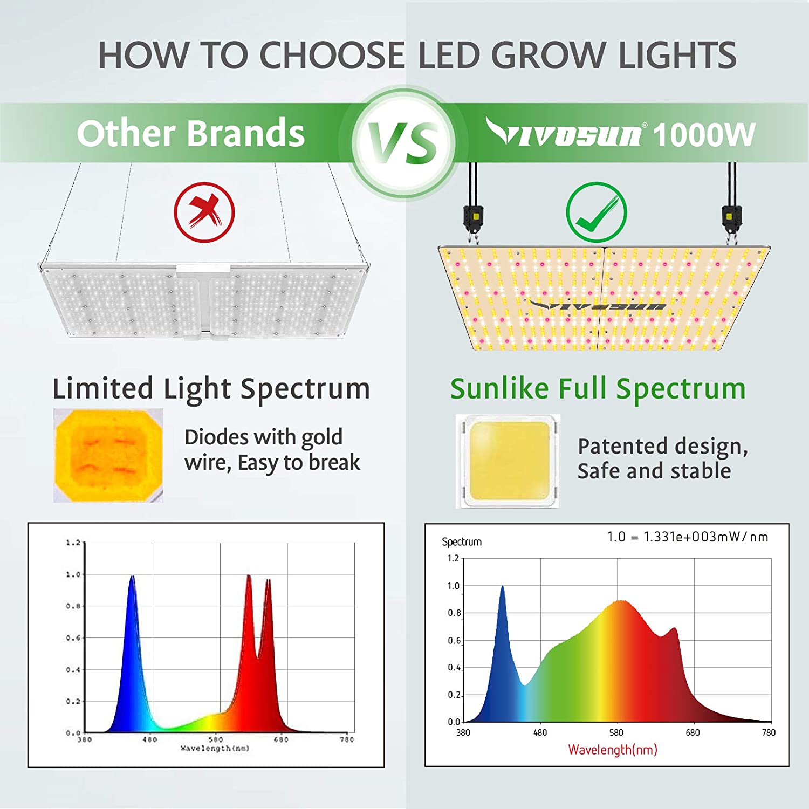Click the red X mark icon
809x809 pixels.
click(204, 212)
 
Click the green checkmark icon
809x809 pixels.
click(596, 212)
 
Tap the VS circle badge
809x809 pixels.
click(404, 142)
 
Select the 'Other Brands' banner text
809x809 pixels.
click(190, 133)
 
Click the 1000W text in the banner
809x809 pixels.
click(703, 135)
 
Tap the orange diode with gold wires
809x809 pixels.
click(108, 456)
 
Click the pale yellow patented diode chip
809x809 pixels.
click(508, 461)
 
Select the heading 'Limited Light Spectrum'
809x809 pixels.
click(211, 388)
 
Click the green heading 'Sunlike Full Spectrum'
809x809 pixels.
click(598, 388)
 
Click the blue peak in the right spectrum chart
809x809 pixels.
click(503, 593)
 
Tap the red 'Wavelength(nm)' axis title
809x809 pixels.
click(612, 750)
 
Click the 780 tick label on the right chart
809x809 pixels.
click(769, 732)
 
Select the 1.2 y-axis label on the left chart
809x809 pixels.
click(73, 543)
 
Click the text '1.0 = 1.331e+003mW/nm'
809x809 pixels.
click(687, 537)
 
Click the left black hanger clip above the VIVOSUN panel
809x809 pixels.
click(473, 218)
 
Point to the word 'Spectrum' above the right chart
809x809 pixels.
click(462, 541)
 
